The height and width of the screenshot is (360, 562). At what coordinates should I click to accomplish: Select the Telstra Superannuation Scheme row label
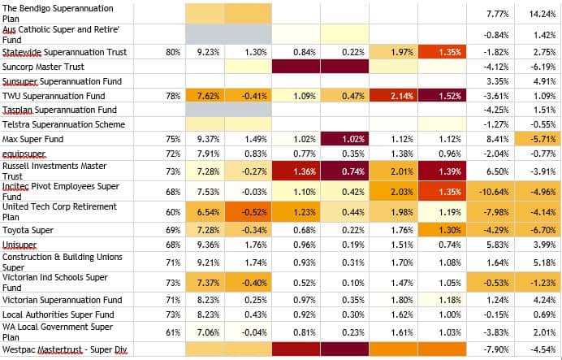coord(63,124)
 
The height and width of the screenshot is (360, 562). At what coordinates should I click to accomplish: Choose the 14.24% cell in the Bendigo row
coord(539,14)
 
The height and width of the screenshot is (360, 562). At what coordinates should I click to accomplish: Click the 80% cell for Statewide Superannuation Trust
coord(172,52)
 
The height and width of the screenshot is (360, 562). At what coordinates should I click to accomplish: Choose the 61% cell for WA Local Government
coord(172,332)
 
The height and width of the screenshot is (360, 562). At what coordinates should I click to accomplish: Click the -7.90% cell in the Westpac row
coord(491,350)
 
